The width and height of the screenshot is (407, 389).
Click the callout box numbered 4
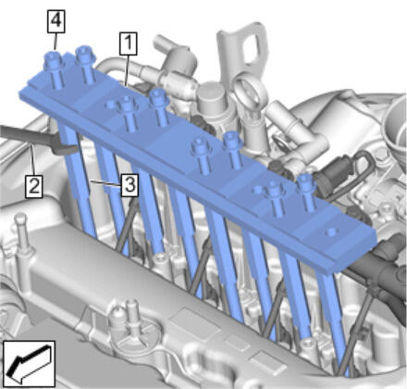[x=55, y=21]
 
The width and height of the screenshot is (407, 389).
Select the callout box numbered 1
[x=129, y=44]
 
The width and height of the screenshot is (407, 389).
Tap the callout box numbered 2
[x=34, y=186]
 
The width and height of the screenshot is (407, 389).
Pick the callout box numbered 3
[x=129, y=184]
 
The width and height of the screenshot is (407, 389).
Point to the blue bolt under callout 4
[x=55, y=69]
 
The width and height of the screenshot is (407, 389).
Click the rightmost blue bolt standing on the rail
[x=306, y=192]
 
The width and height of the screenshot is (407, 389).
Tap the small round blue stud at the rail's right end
[x=331, y=232]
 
